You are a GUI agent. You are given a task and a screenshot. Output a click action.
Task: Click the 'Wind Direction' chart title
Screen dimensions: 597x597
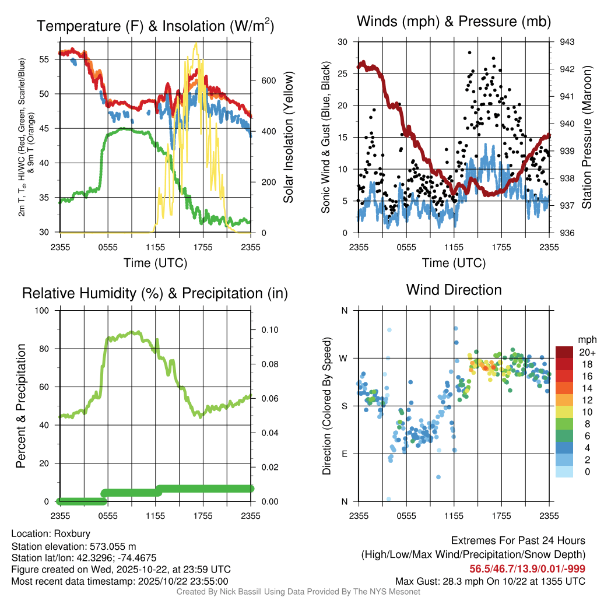point(454,290)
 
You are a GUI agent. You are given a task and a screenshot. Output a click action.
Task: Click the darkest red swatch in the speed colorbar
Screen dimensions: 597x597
point(564,352)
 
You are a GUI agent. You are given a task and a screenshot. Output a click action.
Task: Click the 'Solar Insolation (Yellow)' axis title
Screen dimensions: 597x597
point(288,138)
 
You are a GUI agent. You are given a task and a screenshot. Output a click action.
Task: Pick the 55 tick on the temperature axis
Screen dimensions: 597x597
point(50,59)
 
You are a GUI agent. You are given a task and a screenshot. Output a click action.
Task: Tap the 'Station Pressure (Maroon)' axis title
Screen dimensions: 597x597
point(587,138)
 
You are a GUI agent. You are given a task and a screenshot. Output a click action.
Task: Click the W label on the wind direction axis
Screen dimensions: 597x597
point(344,358)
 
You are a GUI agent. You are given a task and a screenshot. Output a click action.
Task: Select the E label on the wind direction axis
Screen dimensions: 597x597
point(345,454)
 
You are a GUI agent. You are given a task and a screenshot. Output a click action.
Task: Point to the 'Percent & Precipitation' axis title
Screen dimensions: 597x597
point(20,406)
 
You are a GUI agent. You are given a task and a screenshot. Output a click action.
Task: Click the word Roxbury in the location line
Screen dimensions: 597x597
point(72,533)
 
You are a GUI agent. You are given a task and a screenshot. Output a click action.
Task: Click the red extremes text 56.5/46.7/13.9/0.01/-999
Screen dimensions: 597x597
point(528,568)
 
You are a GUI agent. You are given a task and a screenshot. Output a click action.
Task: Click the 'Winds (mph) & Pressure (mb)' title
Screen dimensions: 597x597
point(454,22)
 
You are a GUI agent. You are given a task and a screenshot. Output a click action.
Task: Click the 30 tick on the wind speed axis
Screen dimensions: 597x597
point(343,42)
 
